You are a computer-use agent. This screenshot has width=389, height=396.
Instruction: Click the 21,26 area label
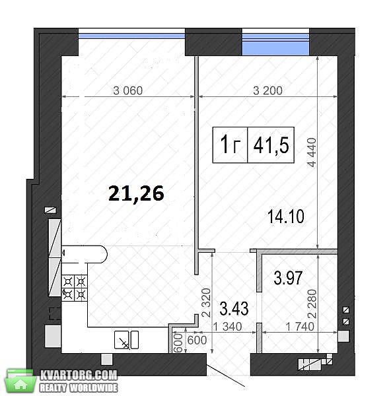pyautogui.click(x=136, y=193)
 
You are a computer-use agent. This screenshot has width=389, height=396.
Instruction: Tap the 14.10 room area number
pyautogui.click(x=285, y=216)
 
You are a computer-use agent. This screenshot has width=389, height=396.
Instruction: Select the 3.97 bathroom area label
pyautogui.click(x=288, y=278)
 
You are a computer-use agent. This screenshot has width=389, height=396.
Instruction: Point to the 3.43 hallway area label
pyautogui.click(x=234, y=308)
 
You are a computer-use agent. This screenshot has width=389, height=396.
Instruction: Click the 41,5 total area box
pyautogui.click(x=271, y=145)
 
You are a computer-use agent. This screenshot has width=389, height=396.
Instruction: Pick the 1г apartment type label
pyautogui.click(x=230, y=145)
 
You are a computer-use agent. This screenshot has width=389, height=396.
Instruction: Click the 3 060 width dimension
pyautogui.click(x=128, y=90)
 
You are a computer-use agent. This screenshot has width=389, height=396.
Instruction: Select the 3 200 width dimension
pyautogui.click(x=267, y=90)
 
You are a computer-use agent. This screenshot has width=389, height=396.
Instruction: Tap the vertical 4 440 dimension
pyautogui.click(x=312, y=152)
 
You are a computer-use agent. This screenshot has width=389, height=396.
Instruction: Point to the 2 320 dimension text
pyautogui.click(x=206, y=302)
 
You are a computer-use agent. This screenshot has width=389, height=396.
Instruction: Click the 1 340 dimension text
pyautogui.click(x=227, y=327)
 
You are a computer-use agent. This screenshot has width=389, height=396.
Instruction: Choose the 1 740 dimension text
pyautogui.click(x=300, y=327)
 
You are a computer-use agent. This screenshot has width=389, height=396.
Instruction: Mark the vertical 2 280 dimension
pyautogui.click(x=312, y=304)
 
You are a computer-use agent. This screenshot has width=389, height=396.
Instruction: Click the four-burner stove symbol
pyautogui.click(x=75, y=288)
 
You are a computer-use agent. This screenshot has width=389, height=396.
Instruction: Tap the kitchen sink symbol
pyautogui.click(x=126, y=340)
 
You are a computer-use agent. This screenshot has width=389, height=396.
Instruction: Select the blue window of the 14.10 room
pyautogui.click(x=276, y=44)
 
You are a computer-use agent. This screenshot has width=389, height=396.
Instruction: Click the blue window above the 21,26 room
pyautogui.click(x=131, y=36)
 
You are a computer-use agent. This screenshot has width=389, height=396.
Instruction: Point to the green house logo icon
pyautogui.click(x=20, y=381)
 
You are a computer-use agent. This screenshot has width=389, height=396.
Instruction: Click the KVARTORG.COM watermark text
pyautogui.click(x=79, y=376)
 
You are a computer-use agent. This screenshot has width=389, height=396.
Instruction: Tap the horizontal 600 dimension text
pyautogui.click(x=197, y=340)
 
